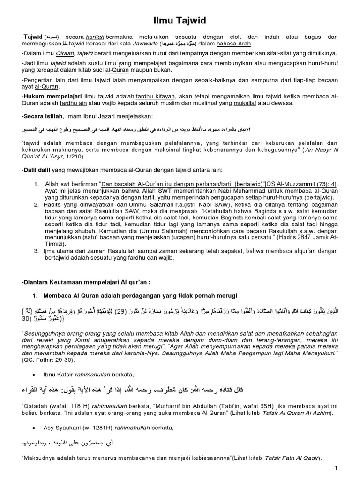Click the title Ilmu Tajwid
(180, 20)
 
